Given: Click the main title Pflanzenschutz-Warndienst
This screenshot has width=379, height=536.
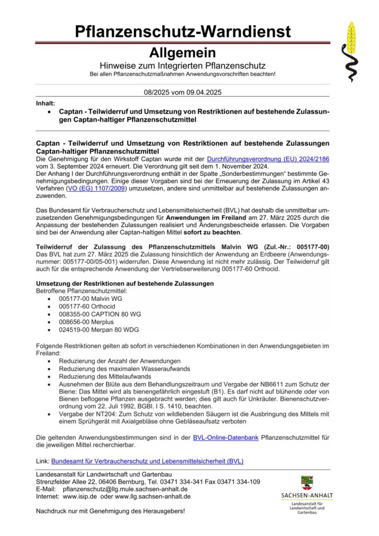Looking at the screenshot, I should pos(182,32).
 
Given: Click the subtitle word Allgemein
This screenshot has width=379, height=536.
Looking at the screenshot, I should pos(182,53).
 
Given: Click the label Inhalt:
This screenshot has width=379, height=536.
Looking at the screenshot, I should pos(46,104).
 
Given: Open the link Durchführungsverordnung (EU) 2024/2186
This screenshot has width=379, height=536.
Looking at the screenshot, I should pos(269,158).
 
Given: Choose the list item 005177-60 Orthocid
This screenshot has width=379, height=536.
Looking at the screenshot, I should pos(87,306).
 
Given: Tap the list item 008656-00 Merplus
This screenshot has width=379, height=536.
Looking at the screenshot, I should pos(86,322).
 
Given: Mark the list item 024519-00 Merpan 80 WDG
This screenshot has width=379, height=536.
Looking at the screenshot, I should pos(97,330).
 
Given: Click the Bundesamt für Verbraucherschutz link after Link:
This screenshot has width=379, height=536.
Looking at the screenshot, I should pos(147,461).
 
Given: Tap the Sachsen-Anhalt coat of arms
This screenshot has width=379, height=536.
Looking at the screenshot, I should pos(307,483).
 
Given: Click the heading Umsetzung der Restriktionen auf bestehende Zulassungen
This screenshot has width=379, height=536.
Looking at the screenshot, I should pos(125,283).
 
